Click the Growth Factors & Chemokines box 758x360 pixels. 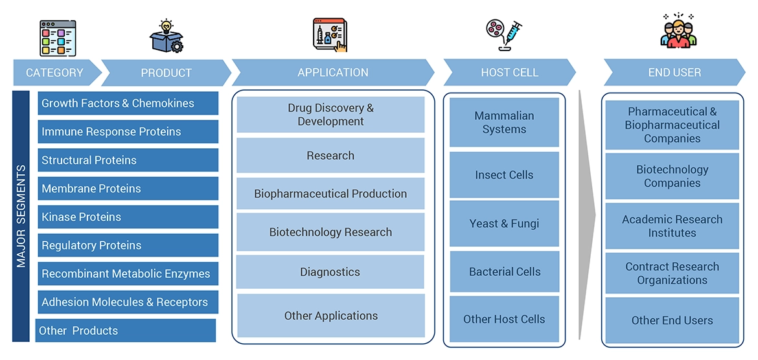pos(128,104)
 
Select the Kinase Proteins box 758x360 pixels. pos(128,217)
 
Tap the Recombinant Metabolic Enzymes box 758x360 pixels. pos(128,274)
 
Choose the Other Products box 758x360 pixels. pos(126,330)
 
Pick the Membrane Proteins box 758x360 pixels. pos(128,188)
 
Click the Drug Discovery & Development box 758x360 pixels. pos(330,115)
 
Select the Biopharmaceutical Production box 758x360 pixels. pos(330,194)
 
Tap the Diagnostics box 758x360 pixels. pos(330,272)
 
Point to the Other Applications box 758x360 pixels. pos(330,316)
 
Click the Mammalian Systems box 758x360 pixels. pos(504,122)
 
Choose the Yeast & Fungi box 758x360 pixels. pos(504,223)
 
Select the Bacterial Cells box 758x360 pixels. pos(504,272)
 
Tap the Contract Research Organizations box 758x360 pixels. pos(672,273)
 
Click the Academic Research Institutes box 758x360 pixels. pos(672,226)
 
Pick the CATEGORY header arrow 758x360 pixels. pos(56,73)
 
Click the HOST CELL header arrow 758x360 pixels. pos(509,73)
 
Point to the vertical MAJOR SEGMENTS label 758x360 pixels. pos(21,216)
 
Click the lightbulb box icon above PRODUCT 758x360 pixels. pos(166,36)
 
